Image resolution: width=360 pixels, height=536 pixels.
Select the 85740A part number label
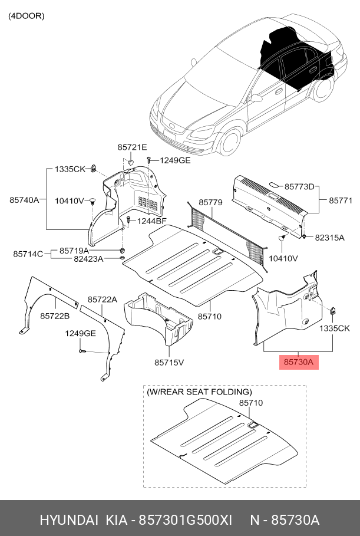click(24, 200)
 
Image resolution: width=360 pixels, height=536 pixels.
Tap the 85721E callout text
click(132, 147)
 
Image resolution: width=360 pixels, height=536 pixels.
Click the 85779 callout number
click(210, 203)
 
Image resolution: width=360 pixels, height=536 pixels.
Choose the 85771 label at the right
click(340, 200)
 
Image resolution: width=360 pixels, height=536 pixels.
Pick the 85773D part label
click(299, 186)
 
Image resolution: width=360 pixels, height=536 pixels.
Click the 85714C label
click(28, 254)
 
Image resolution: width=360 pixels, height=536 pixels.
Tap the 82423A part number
click(88, 259)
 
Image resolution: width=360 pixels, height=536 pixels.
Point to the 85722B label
click(55, 317)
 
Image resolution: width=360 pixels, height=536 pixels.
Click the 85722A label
click(103, 300)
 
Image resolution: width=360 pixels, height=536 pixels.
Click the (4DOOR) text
click(26, 16)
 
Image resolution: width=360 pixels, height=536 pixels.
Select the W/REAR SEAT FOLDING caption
click(199, 392)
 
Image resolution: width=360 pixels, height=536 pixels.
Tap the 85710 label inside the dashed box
click(250, 403)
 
